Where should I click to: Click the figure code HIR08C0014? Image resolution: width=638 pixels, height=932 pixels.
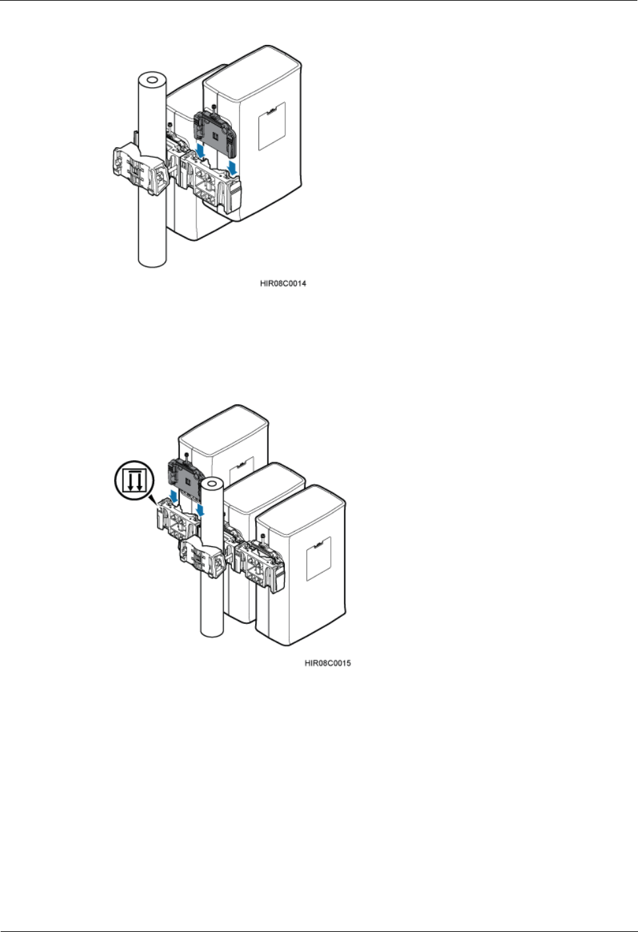click(282, 284)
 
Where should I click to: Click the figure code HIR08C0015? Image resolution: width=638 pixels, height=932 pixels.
click(327, 663)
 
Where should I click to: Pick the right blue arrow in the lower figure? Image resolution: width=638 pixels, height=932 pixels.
click(200, 511)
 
